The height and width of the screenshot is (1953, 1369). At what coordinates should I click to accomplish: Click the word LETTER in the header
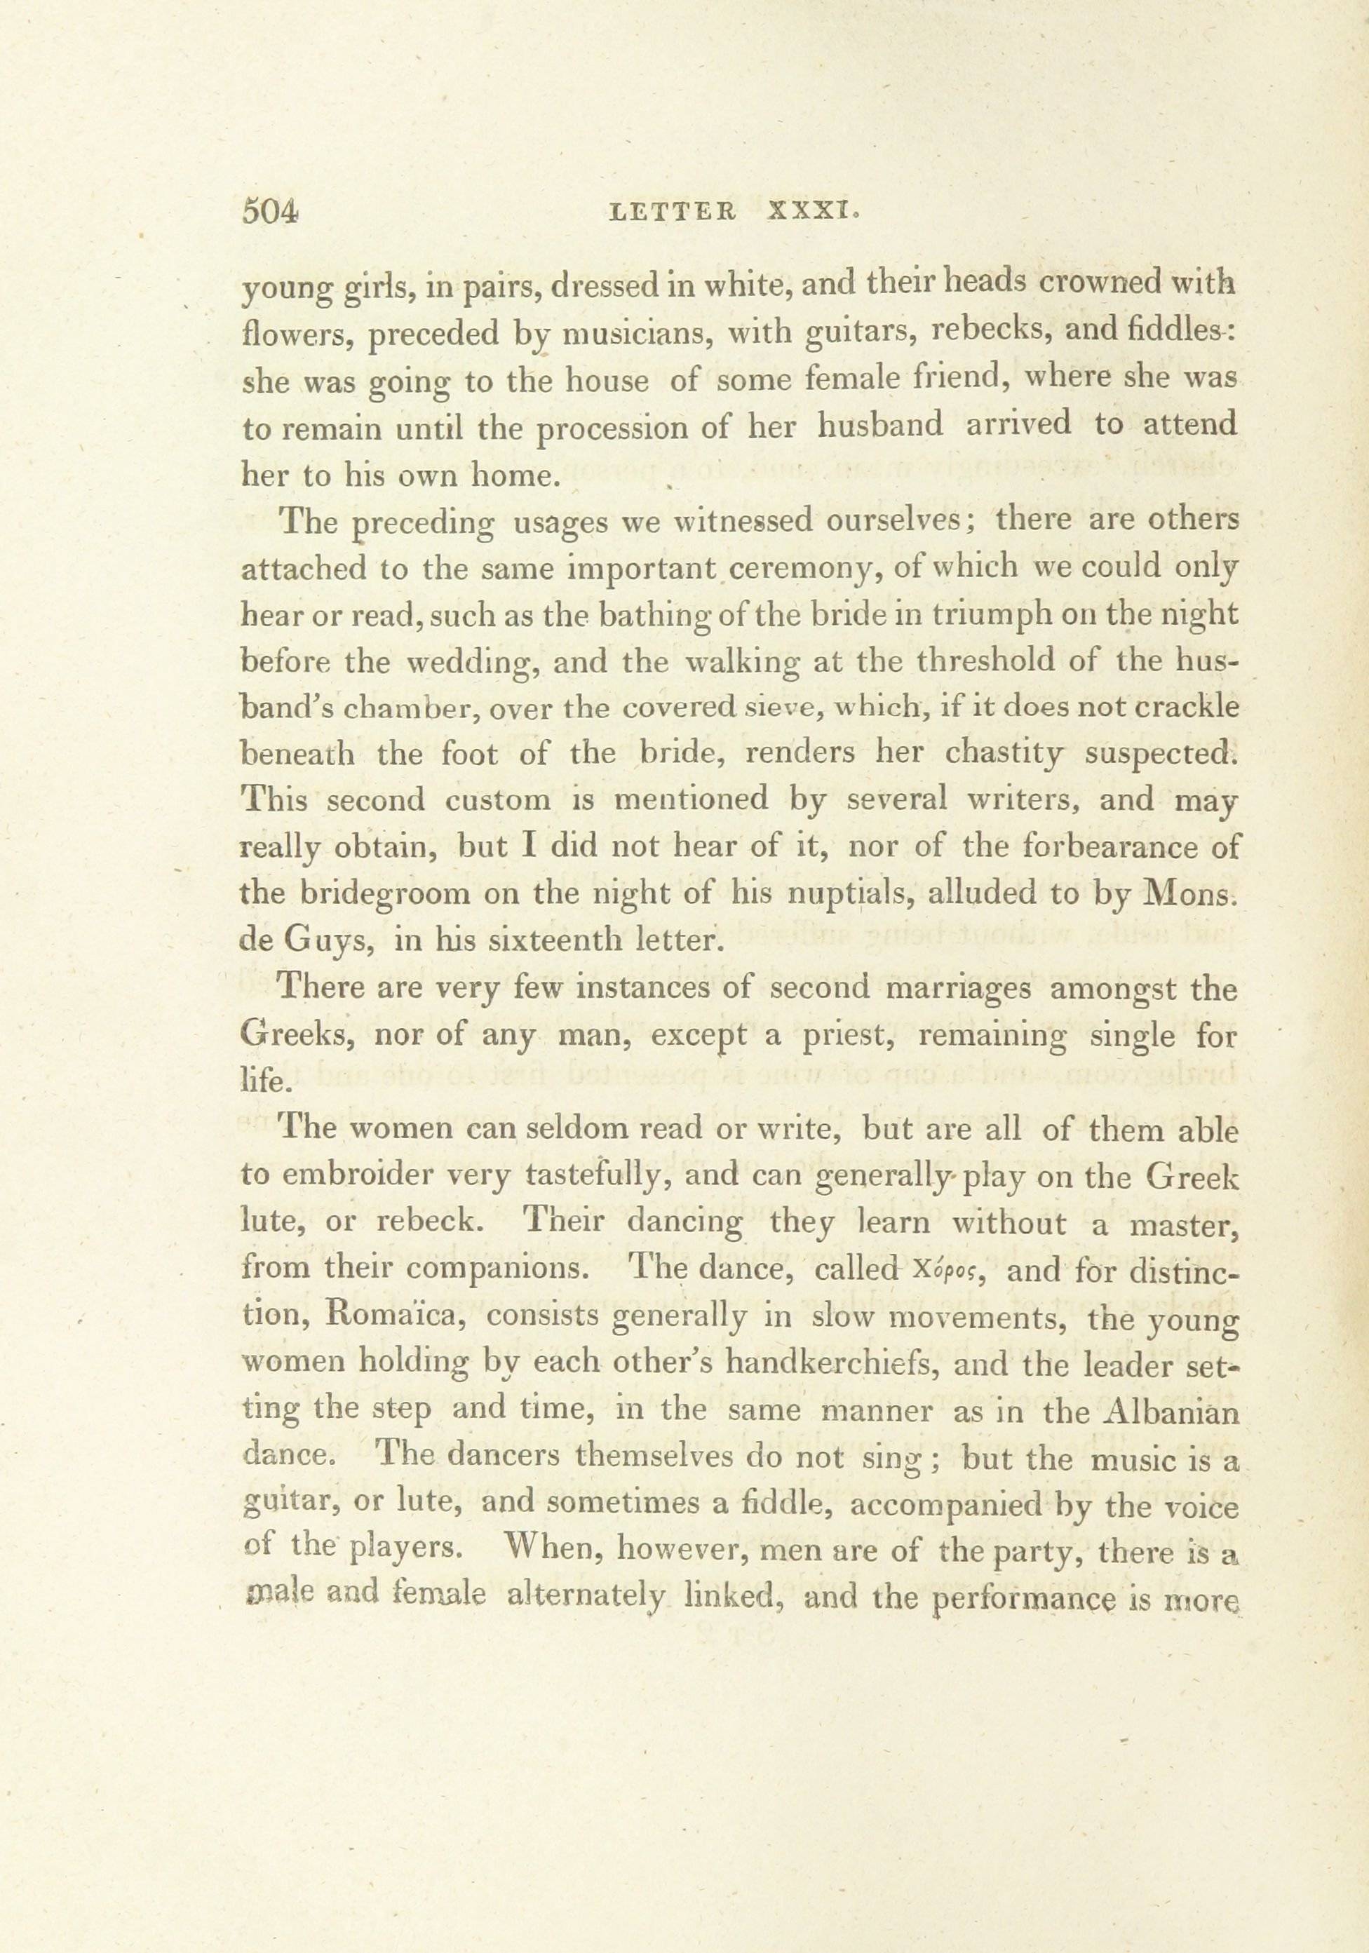click(x=674, y=212)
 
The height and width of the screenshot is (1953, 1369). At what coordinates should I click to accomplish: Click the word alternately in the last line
click(x=584, y=1596)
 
